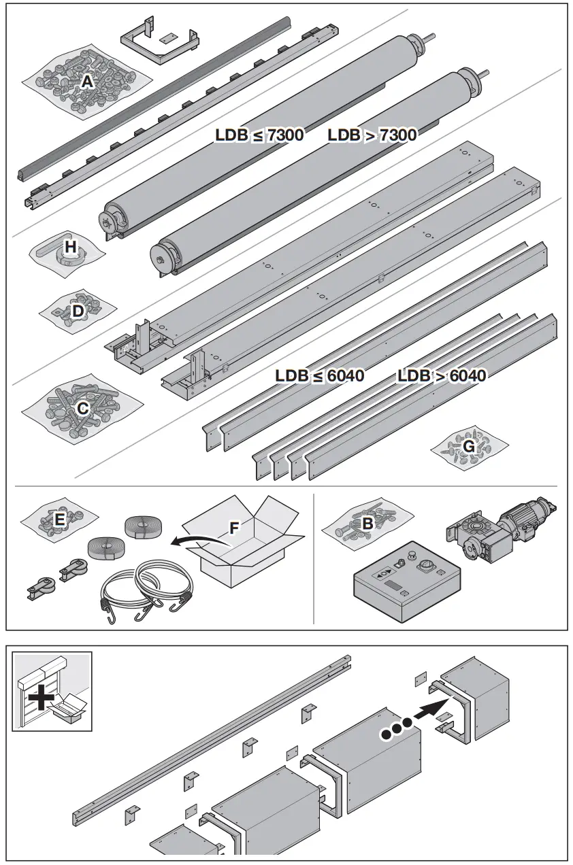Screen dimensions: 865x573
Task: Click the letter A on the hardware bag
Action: pos(86,82)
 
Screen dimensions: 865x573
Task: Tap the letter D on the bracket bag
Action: pos(78,311)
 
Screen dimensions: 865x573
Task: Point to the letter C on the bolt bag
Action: pos(82,408)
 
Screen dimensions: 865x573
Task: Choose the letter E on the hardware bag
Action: pos(60,520)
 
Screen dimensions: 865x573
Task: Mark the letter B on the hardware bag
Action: pos(367,524)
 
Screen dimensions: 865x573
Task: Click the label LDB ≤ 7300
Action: pos(259,135)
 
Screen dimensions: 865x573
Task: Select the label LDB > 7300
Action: pos(372,135)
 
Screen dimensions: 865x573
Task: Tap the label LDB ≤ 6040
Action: pos(320,375)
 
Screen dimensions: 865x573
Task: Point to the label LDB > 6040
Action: pos(442,375)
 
